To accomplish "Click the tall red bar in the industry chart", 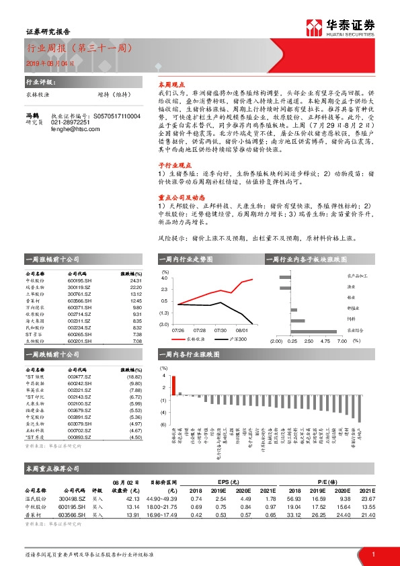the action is (x=173, y=385).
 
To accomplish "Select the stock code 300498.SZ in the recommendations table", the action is (x=76, y=499).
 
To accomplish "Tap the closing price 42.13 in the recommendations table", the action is (x=130, y=499).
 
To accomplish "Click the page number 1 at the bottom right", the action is (x=373, y=554).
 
